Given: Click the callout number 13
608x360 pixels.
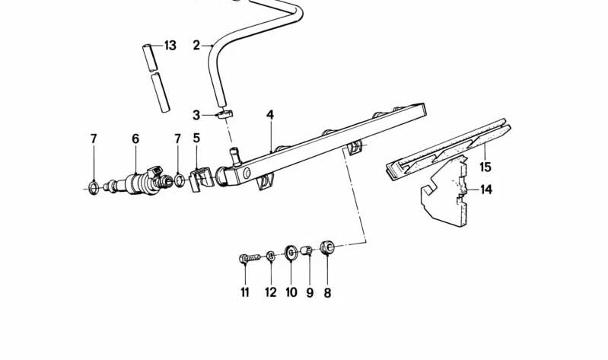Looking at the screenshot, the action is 170,46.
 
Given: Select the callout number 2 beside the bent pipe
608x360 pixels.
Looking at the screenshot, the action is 196,46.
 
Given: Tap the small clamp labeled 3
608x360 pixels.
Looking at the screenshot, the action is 225,114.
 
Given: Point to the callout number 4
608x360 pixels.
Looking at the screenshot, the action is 270,115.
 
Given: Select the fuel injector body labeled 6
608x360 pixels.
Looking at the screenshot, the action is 140,182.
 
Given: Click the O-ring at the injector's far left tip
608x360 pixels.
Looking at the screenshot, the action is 94,188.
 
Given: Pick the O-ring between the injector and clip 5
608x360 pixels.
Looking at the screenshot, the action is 179,180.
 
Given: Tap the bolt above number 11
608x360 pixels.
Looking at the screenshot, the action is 249,258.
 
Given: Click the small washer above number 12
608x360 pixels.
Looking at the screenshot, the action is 271,256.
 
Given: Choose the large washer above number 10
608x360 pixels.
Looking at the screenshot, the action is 291,253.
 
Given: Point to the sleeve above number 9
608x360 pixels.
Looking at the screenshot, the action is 307,250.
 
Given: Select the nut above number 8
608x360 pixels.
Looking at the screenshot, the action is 327,247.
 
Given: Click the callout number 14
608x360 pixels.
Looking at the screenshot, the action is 486,190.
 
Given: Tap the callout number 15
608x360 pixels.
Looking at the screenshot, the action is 485,167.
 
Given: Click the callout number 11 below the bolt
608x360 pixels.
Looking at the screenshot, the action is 245,292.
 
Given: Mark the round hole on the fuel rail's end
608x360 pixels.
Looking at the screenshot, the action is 247,174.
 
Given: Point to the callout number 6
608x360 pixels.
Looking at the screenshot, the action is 135,139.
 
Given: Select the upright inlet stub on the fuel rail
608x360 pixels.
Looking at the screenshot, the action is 235,157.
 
